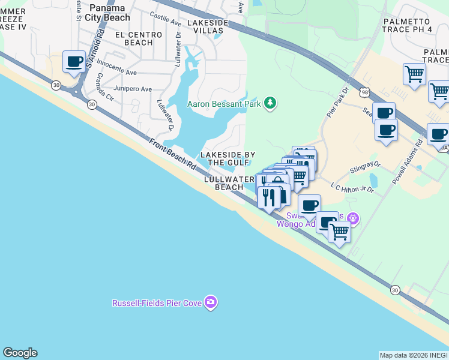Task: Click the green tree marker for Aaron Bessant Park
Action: pos(271,103)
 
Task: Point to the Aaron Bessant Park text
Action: pos(223,104)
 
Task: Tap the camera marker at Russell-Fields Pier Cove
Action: pos(210,302)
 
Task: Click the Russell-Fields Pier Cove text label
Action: pos(157,303)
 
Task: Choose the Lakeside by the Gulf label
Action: pos(224,158)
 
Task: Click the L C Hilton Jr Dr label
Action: pos(353,188)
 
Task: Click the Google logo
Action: pos(20,353)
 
